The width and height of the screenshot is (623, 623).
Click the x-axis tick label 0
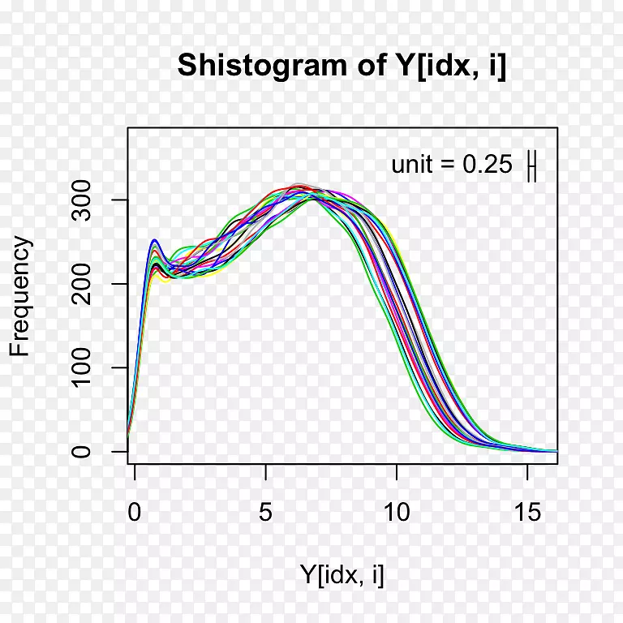(135, 513)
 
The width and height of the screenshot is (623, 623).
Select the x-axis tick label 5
(266, 513)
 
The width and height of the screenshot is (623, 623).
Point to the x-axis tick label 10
(397, 513)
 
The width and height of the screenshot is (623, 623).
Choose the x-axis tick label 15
(527, 513)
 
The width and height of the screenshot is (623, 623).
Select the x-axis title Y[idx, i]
(342, 575)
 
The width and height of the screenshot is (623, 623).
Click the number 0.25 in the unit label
(488, 165)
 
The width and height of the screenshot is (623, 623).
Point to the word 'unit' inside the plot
(412, 165)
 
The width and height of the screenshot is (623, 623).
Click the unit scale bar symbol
(532, 165)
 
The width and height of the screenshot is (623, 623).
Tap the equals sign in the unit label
(449, 165)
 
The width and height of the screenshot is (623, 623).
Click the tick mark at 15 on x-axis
(527, 469)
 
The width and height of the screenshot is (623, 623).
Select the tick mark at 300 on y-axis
(122, 200)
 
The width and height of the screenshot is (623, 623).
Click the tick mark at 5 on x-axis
(266, 469)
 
